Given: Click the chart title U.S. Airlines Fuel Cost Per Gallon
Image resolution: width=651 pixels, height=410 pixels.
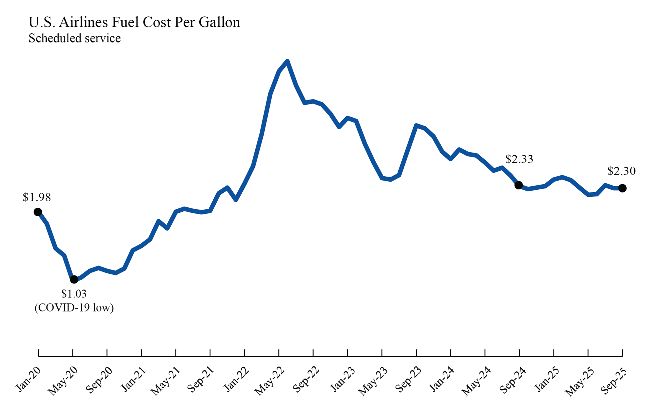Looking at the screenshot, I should pos(134,22).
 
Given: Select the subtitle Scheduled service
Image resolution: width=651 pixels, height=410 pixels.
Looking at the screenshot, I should pos(74,38).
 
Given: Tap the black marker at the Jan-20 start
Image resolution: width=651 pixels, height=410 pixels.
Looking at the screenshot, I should pos(38,212).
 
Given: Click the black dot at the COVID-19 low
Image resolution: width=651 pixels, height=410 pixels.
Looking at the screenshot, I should pos(74,279).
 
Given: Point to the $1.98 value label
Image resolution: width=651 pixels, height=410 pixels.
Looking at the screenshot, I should pos(37,197).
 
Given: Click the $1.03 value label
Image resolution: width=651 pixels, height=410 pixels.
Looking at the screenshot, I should pos(74,294).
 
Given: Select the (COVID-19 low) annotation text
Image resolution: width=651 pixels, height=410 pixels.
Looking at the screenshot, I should pos(74,307).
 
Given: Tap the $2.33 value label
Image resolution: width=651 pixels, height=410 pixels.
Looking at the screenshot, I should pos(519,159).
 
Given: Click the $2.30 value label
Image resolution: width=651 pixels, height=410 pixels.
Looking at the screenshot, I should pos(621,171).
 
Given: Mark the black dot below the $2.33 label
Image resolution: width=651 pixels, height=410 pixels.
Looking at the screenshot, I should pos(518,185).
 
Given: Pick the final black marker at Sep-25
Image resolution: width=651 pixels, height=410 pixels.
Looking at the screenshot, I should pos(622,188).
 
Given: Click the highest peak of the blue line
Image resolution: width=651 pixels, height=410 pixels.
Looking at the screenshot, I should pos(287,61).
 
